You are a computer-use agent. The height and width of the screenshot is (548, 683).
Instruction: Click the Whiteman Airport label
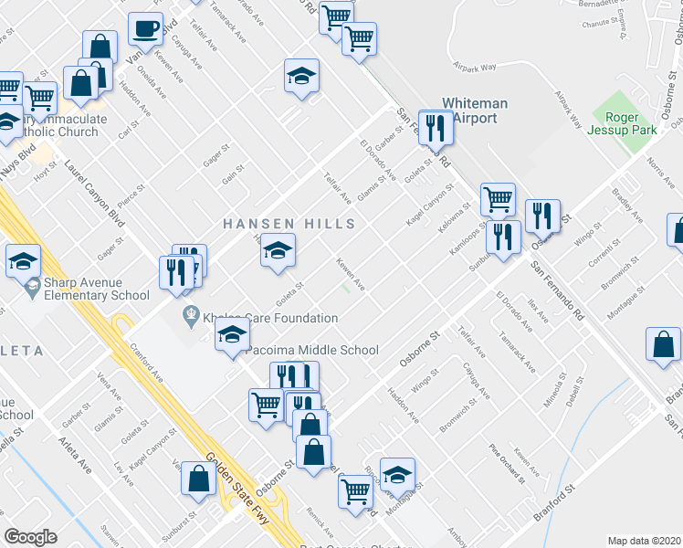point(469,111)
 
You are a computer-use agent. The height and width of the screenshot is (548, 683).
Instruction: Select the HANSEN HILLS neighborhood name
point(289,224)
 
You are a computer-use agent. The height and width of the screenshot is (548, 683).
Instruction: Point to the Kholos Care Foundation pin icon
point(190,318)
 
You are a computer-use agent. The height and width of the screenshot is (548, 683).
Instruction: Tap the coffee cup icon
point(145,30)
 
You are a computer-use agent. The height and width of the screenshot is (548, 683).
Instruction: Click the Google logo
point(30,537)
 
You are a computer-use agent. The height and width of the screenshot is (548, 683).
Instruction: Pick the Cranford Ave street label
point(145,363)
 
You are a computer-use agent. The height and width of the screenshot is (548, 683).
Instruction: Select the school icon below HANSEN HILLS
point(278,250)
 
